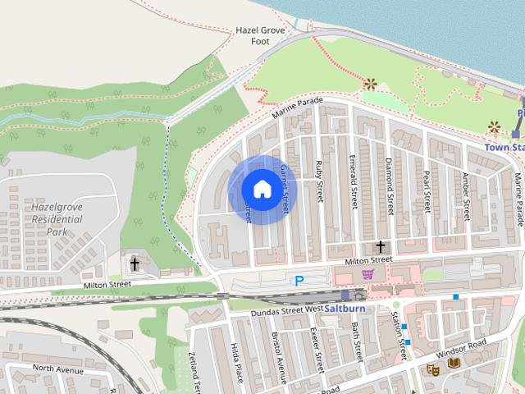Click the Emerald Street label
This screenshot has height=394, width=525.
(353, 181)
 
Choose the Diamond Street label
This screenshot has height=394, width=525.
(390, 184)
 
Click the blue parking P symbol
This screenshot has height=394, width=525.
(299, 281)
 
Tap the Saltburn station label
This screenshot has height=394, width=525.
(344, 309)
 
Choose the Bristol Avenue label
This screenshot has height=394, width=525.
(281, 360)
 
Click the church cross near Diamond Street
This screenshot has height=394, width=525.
(380, 247)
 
